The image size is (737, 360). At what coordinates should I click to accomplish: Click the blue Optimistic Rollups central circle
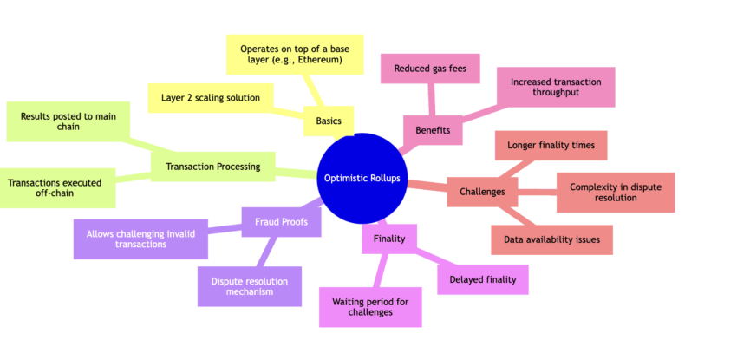362,178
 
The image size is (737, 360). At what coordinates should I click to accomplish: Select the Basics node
329,121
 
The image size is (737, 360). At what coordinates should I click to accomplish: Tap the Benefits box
433,129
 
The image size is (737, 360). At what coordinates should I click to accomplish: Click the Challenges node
483,192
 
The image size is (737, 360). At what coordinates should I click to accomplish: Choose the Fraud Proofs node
275,221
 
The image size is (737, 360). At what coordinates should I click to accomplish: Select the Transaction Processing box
212,167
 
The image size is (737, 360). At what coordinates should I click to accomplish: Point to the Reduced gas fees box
426,68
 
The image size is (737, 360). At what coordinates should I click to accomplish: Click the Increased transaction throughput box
555,87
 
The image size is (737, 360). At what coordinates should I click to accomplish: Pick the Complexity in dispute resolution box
614,193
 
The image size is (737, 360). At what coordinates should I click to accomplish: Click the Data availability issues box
551,240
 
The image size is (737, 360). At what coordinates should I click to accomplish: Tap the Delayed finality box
482,279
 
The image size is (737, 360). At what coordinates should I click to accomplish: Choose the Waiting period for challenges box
370,307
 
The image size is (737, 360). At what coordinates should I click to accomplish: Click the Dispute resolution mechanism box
250,286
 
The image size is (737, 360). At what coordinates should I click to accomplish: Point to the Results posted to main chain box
67,122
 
